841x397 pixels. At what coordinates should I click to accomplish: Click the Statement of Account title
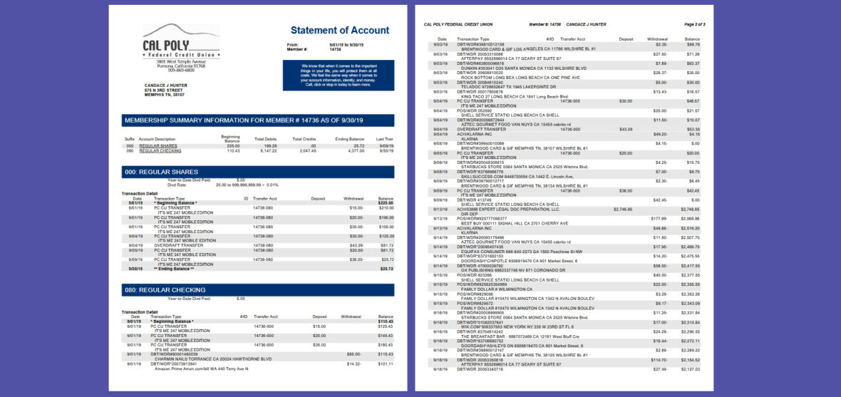point(340,30)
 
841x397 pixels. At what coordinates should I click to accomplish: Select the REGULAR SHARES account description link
point(159,146)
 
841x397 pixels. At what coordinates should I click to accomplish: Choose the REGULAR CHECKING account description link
point(160,151)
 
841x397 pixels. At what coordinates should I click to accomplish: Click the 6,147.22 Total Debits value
point(267,151)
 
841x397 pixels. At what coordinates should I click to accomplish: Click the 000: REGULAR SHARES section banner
point(258,172)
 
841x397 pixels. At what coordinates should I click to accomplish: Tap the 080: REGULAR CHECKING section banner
point(258,290)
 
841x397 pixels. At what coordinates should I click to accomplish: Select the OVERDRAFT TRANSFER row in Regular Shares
point(176,245)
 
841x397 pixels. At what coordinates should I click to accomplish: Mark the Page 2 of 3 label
point(693,24)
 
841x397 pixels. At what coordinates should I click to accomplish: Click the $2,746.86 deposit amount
point(622,209)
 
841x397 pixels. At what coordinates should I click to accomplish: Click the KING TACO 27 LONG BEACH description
point(507,96)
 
